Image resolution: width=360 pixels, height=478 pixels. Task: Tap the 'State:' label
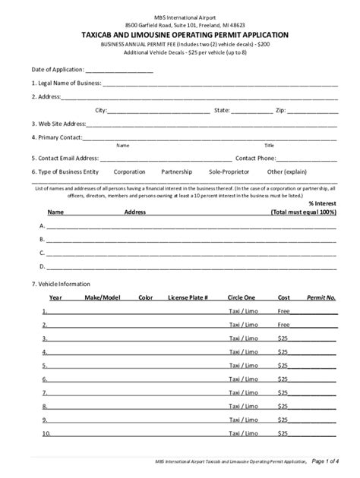[222, 110]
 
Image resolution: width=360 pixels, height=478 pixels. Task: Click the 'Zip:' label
[279, 110]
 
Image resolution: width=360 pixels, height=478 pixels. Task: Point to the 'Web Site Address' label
[58, 124]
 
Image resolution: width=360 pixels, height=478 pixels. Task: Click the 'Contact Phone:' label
[255, 159]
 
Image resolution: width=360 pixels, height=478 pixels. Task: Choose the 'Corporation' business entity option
[129, 172]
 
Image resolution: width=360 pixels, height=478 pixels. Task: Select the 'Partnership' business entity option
[177, 172]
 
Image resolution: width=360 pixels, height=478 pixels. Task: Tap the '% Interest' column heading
[322, 203]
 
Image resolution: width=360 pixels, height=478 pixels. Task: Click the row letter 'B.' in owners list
[43, 240]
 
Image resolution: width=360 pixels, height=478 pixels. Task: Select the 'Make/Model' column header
[103, 297]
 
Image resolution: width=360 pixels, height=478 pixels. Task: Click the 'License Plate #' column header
[188, 297]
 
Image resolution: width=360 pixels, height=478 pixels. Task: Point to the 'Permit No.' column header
[321, 297]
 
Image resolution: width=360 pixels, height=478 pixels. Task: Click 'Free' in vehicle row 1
[283, 311]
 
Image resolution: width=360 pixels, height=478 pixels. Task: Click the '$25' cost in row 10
[283, 434]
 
